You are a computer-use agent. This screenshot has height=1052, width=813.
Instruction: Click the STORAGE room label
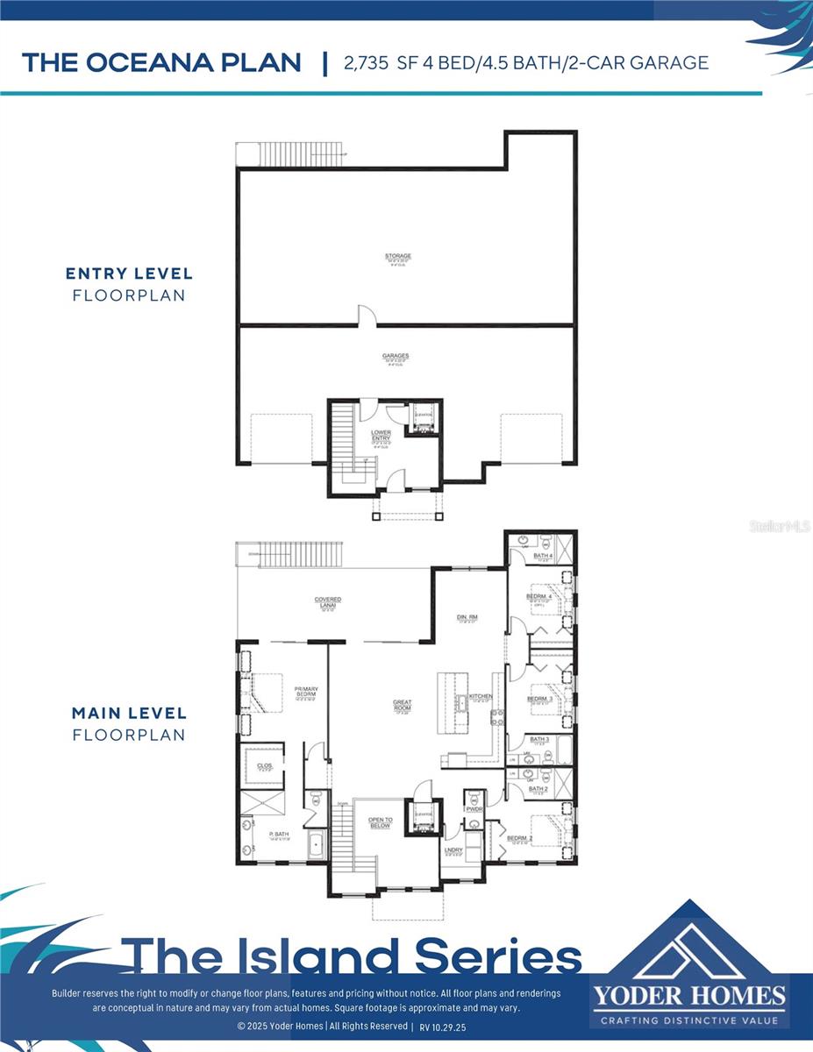point(397,257)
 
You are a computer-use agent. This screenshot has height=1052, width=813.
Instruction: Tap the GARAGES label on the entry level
point(396,357)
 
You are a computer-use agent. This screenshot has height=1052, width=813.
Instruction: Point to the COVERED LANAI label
point(328,601)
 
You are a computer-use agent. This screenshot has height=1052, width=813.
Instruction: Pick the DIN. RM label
point(466,617)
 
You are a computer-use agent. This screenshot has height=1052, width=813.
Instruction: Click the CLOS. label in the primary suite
point(264,765)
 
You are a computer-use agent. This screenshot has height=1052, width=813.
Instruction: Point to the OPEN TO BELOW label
point(380,822)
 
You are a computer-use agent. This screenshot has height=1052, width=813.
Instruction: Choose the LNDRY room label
point(453,850)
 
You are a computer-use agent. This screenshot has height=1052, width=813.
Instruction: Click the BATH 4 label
point(543,556)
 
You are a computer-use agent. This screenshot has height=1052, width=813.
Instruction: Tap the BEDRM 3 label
point(537,700)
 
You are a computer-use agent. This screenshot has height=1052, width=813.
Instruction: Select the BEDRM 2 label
point(519,839)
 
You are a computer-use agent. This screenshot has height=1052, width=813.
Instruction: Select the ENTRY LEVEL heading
point(129,274)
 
